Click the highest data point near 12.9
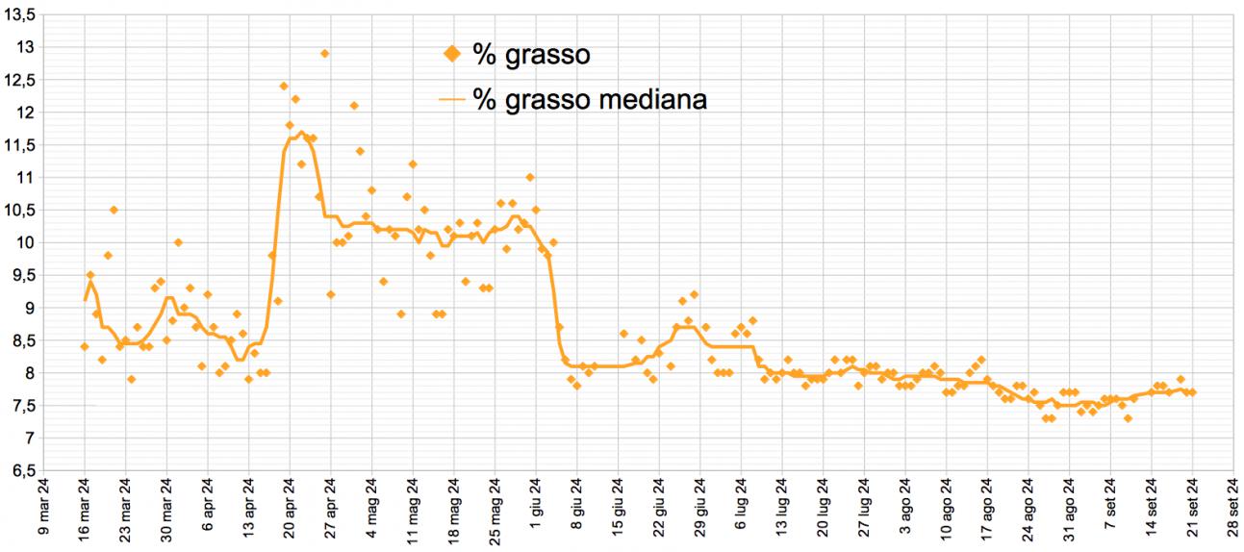pyautogui.click(x=325, y=54)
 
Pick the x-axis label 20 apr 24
pyautogui.click(x=290, y=511)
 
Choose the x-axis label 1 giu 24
pyautogui.click(x=536, y=513)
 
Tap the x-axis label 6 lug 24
pyautogui.click(x=741, y=513)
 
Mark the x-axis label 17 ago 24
pyautogui.click(x=987, y=511)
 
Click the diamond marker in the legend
pyautogui.click(x=452, y=55)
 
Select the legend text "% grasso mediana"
pyautogui.click(x=590, y=99)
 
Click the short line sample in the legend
pyautogui.click(x=451, y=99)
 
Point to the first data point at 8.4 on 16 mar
pyautogui.click(x=85, y=346)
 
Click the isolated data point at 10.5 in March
pyautogui.click(x=114, y=210)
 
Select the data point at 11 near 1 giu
pyautogui.click(x=530, y=177)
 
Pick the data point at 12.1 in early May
pyautogui.click(x=354, y=106)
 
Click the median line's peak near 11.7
pyautogui.click(x=301, y=133)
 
